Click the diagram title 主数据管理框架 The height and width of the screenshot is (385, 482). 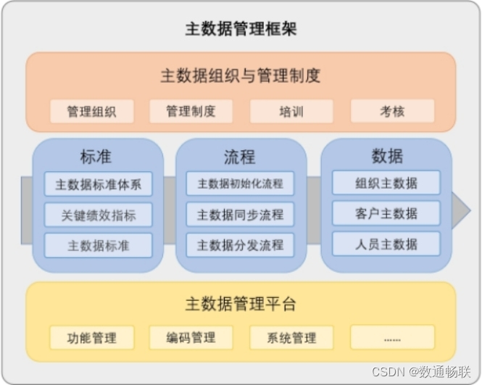(x=241, y=30)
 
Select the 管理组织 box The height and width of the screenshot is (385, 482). (x=91, y=112)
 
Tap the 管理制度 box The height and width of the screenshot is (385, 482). (x=191, y=112)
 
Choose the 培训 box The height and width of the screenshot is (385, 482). (x=291, y=112)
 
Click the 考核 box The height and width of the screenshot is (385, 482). (x=392, y=112)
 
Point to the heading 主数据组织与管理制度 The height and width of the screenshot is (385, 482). (x=241, y=75)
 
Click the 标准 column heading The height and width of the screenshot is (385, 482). (x=96, y=156)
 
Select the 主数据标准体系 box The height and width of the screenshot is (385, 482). (x=98, y=184)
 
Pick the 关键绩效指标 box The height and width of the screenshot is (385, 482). (x=98, y=215)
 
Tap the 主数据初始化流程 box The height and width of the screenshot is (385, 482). (x=240, y=183)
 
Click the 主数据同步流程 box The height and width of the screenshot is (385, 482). (x=240, y=215)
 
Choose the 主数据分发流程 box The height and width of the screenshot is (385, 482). (x=240, y=245)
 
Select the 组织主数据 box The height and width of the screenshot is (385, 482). (x=386, y=183)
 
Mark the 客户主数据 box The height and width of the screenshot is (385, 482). (x=386, y=213)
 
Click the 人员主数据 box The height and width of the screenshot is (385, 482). (x=386, y=244)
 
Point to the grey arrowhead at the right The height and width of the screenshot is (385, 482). (x=461, y=210)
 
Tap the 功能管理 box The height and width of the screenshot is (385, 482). (x=91, y=338)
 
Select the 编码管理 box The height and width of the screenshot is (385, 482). (x=191, y=338)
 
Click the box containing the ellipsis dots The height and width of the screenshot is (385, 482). (x=392, y=338)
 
